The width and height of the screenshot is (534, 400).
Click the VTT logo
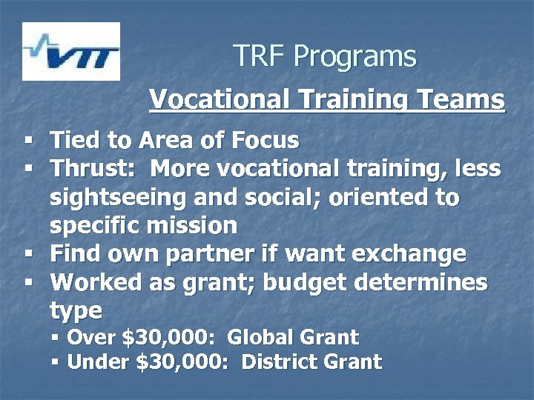point(71,51)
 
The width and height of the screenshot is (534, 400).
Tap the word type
point(76,310)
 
